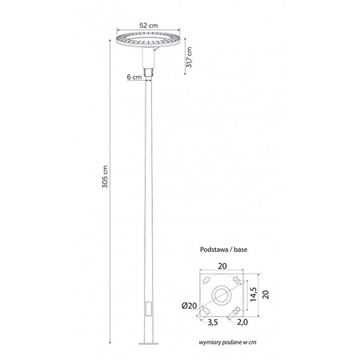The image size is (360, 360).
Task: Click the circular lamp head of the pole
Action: click(x=149, y=42)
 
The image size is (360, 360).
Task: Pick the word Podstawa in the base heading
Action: click(x=214, y=249)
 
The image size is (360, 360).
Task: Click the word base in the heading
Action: click(x=242, y=249)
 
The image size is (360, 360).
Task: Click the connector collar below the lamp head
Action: click(x=149, y=74)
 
